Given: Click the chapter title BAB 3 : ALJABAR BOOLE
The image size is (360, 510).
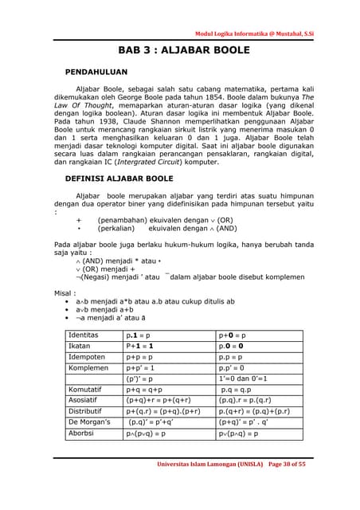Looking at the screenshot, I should coord(184,50).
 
